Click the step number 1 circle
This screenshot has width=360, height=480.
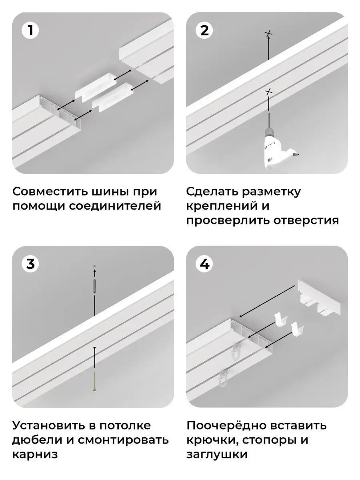pyautogui.click(x=30, y=31)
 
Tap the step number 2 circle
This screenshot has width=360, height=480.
pyautogui.click(x=204, y=31)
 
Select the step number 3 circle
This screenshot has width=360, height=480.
pyautogui.click(x=30, y=264)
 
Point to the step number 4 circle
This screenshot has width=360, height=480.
pyautogui.click(x=204, y=264)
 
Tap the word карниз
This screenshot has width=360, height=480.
pyautogui.click(x=35, y=455)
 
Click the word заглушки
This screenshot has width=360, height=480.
pyautogui.click(x=217, y=455)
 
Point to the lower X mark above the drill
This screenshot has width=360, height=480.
pyautogui.click(x=269, y=92)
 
